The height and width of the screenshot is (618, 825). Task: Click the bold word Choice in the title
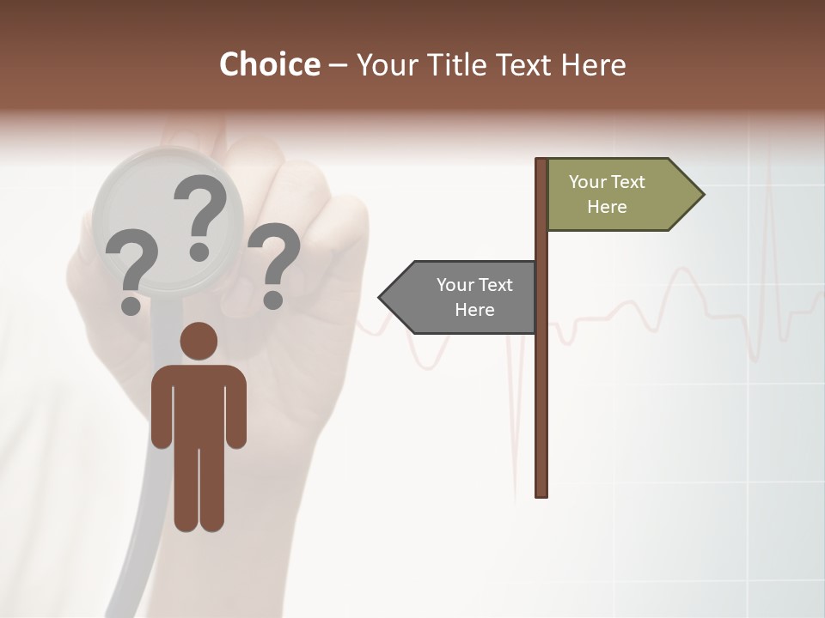pos(269,64)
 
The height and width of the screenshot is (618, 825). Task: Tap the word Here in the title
pos(593,64)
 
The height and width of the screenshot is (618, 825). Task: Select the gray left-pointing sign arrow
pos(464,298)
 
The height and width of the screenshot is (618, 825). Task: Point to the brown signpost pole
pos(541,386)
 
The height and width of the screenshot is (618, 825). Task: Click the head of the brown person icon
pos(199,341)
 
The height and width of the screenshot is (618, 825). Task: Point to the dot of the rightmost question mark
pos(273,300)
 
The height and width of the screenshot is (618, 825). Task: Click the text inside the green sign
pos(607,194)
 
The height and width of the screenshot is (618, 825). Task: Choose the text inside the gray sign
pos(474,297)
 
